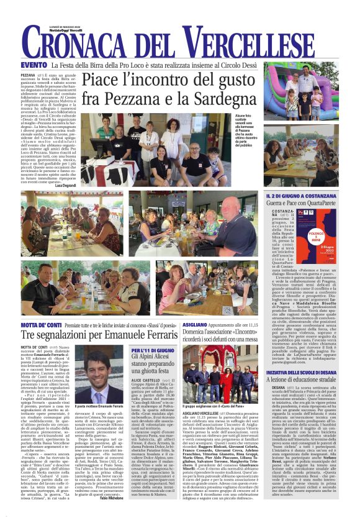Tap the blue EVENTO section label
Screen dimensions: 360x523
point(34,65)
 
